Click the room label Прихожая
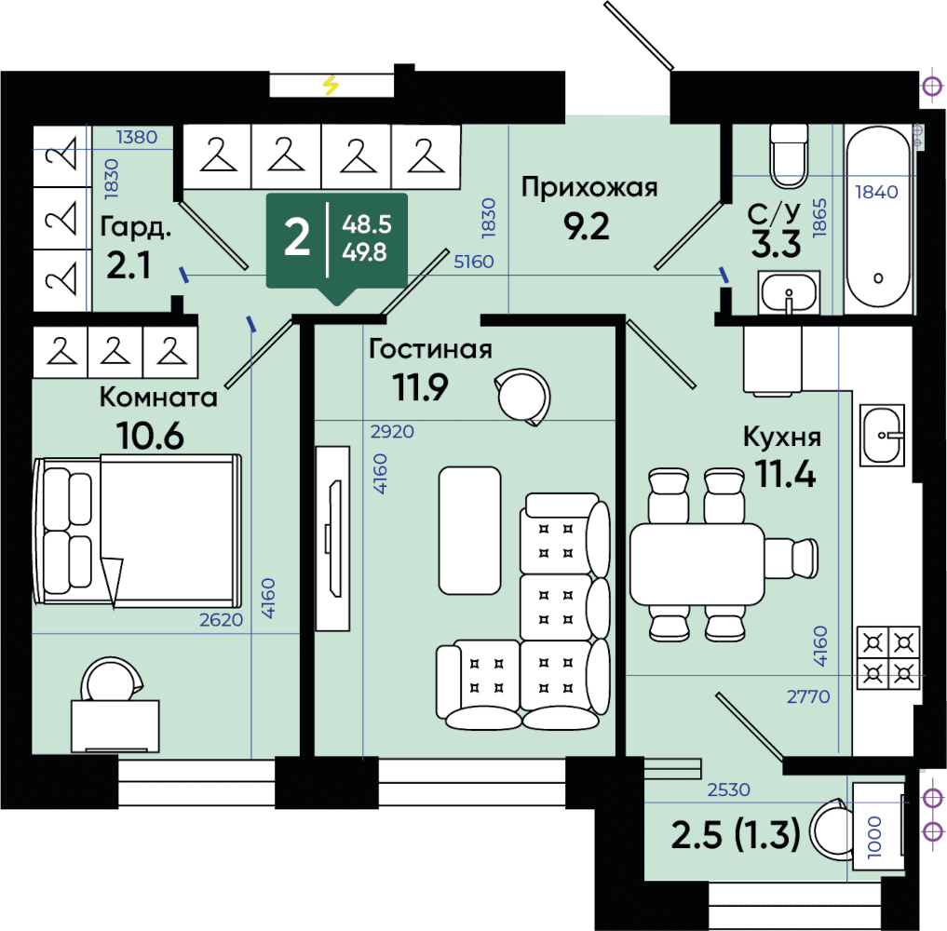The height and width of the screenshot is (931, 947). pyautogui.click(x=588, y=188)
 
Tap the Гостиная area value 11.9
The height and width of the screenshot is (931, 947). pyautogui.click(x=420, y=387)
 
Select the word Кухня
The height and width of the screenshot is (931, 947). pyautogui.click(x=781, y=437)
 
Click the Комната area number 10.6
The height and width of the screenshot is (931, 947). pyautogui.click(x=151, y=436)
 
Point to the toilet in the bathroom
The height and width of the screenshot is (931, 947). pyautogui.click(x=788, y=155)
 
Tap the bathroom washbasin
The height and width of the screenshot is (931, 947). pyautogui.click(x=789, y=293)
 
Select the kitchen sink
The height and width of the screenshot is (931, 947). pyautogui.click(x=883, y=435)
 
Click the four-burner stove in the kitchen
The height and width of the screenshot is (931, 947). pyautogui.click(x=888, y=658)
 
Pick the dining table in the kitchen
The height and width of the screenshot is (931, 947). pyautogui.click(x=697, y=564)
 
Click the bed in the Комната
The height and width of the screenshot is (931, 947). pyautogui.click(x=138, y=530)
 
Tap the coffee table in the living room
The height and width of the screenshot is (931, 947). pyautogui.click(x=470, y=531)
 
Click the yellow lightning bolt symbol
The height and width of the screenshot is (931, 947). pyautogui.click(x=331, y=85)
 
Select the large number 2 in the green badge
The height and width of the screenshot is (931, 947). pyautogui.click(x=296, y=237)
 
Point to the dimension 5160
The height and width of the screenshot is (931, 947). pyautogui.click(x=473, y=262)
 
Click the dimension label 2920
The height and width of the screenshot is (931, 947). pyautogui.click(x=392, y=432)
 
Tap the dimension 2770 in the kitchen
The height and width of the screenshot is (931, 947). pyautogui.click(x=808, y=696)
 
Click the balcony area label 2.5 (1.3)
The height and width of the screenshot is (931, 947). pyautogui.click(x=736, y=834)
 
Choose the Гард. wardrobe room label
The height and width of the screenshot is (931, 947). pyautogui.click(x=136, y=227)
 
